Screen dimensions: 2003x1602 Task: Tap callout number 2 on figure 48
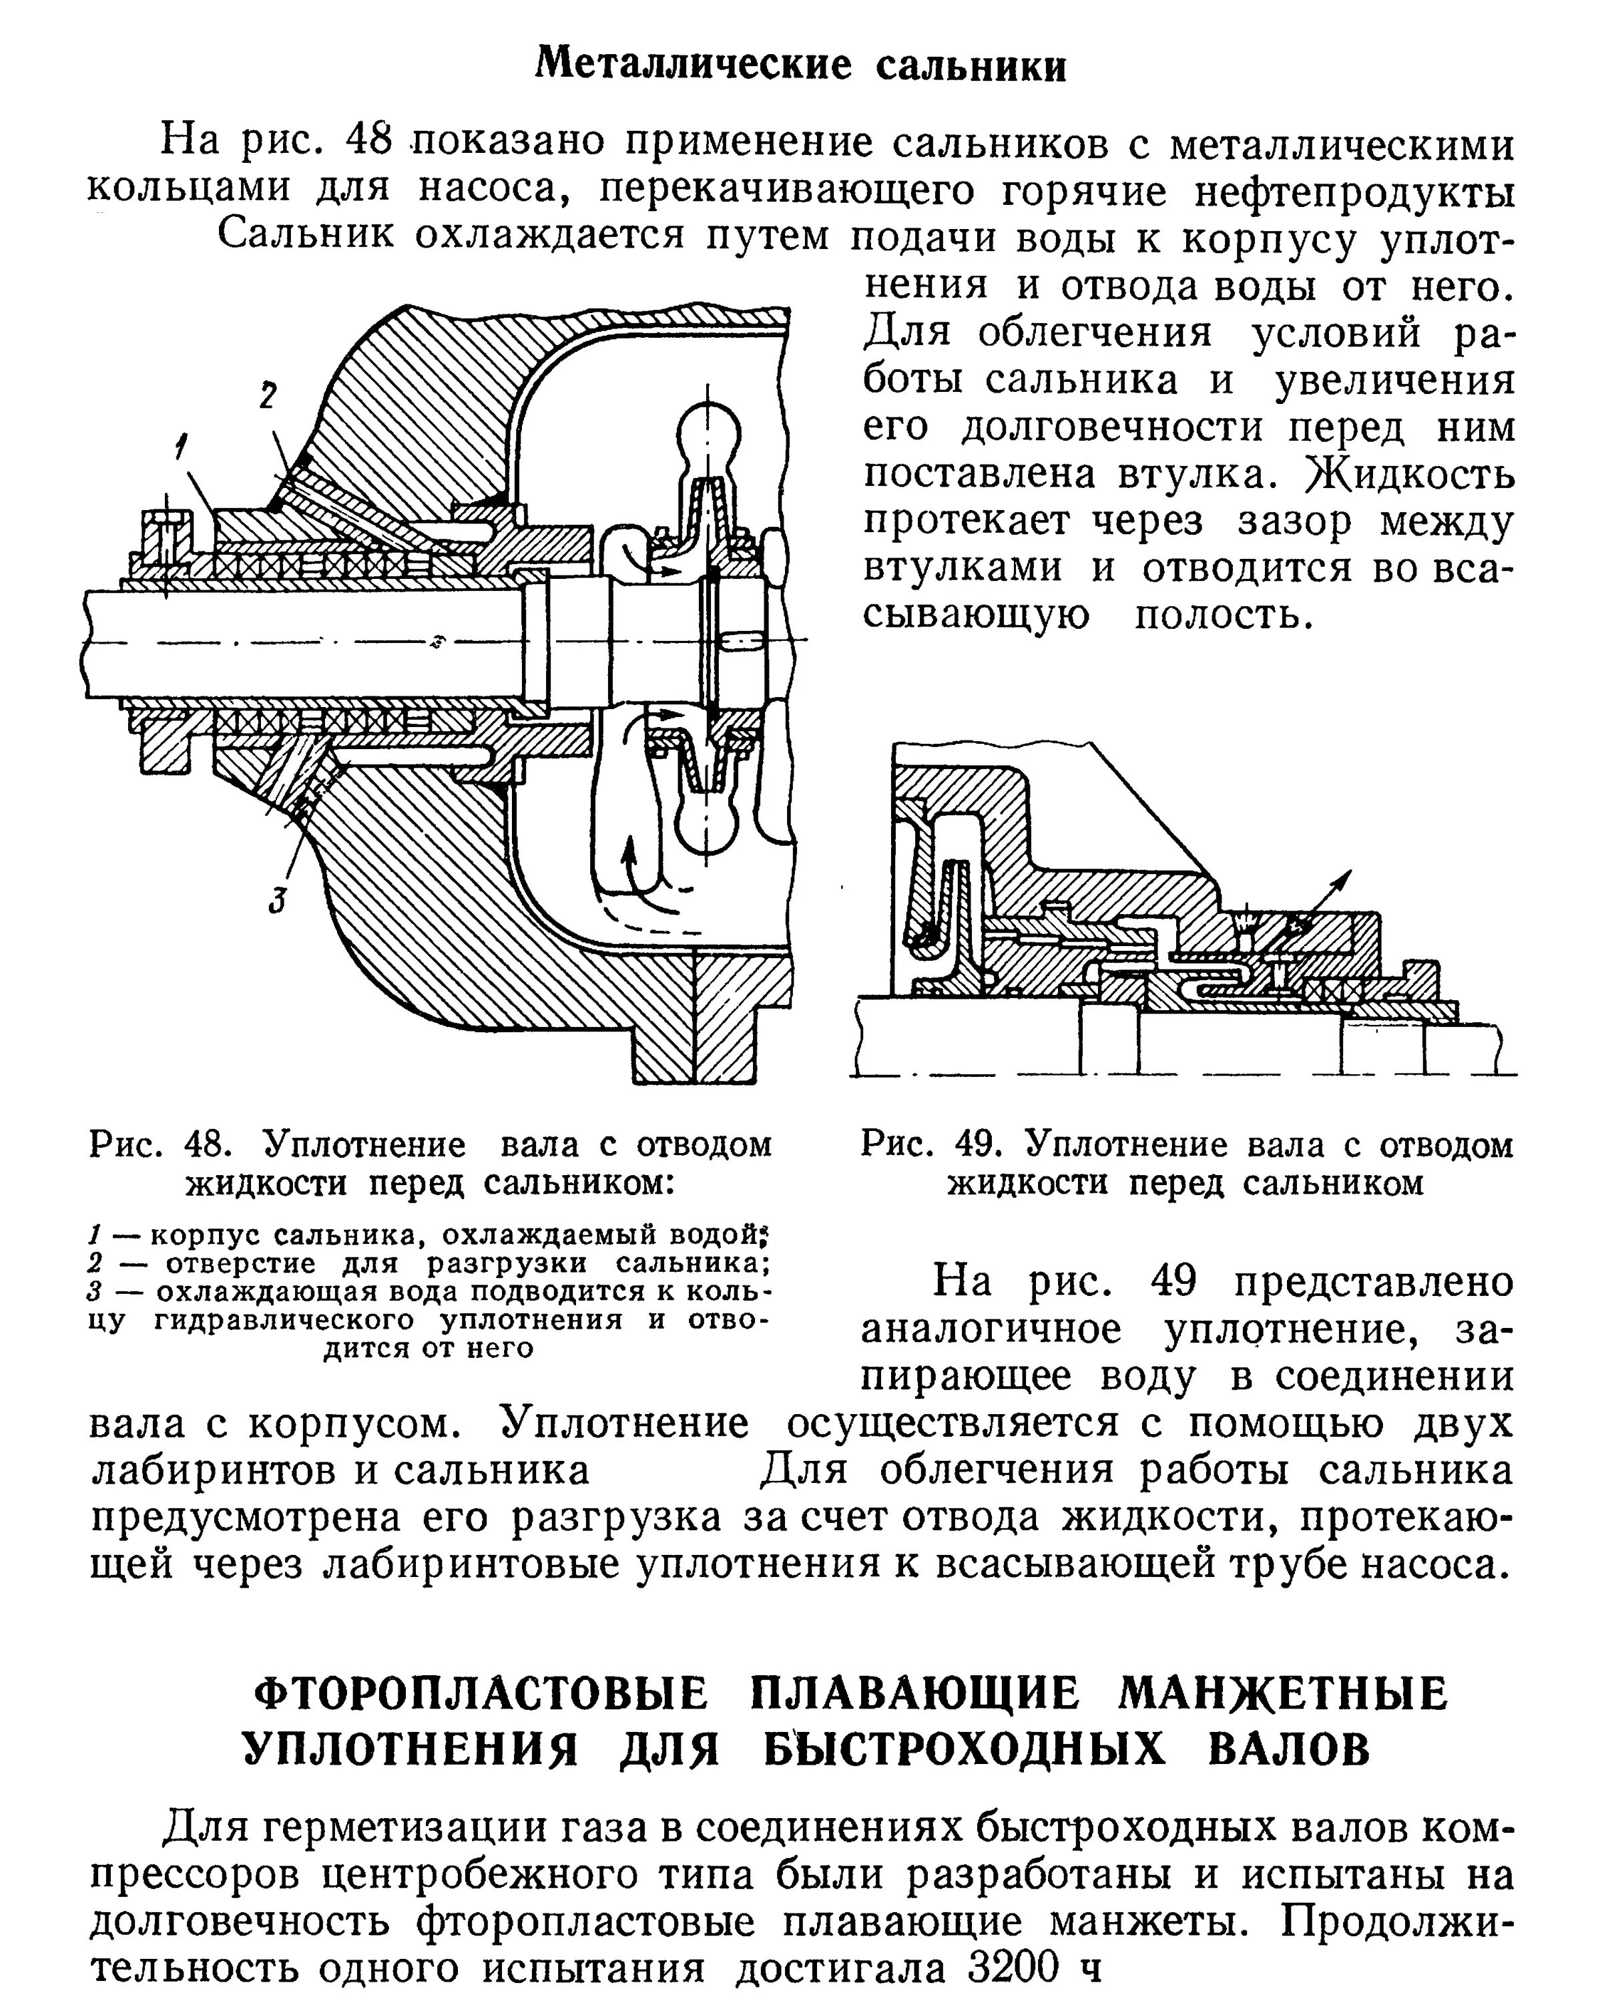click(268, 397)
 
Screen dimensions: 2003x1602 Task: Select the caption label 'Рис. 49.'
click(928, 1144)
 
